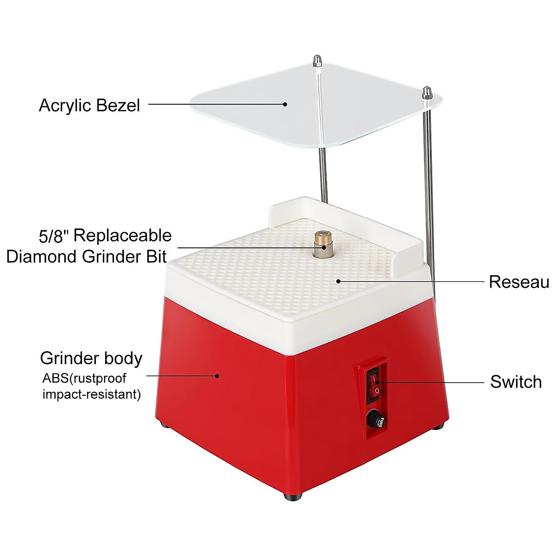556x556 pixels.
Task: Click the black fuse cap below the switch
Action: [x=373, y=421]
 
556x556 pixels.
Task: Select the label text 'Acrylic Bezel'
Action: [x=89, y=106]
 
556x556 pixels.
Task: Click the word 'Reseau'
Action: [x=519, y=282]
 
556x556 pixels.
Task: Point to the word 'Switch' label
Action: [x=516, y=382]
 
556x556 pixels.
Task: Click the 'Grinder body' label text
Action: [x=91, y=358]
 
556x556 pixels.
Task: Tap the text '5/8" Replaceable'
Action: [x=105, y=236]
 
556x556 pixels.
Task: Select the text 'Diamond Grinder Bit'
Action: [x=87, y=256]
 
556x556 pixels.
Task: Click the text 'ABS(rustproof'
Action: [x=84, y=378]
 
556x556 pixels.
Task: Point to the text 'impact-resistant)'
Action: [x=92, y=394]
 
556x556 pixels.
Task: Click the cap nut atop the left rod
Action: [x=316, y=60]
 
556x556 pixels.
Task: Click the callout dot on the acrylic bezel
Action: [x=285, y=104]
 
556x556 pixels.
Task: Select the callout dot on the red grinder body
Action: [x=217, y=376]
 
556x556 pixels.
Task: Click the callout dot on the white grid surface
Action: [x=339, y=280]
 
